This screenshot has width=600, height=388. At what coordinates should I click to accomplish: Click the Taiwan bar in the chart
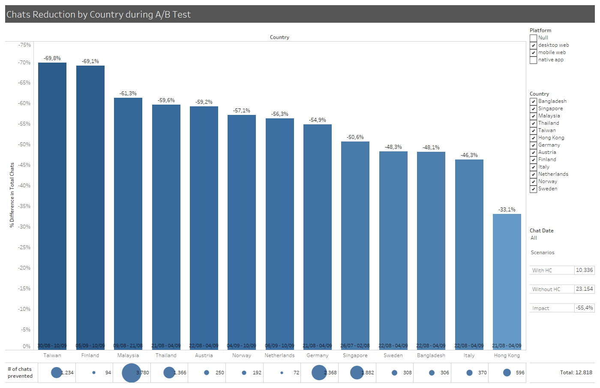[52, 206]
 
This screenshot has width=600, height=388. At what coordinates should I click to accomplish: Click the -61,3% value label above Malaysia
[128, 93]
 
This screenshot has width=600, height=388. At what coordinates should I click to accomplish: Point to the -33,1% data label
[507, 210]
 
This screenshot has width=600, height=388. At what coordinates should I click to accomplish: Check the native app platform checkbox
[534, 60]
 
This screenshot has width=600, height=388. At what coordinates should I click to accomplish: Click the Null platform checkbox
[534, 38]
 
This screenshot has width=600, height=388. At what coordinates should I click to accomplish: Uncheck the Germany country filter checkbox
[534, 145]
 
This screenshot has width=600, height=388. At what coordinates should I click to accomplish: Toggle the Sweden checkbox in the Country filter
[534, 189]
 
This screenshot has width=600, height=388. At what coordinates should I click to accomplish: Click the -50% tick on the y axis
[24, 144]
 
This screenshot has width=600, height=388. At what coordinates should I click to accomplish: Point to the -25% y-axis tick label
[24, 247]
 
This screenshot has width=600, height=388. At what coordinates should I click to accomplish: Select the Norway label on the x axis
[242, 355]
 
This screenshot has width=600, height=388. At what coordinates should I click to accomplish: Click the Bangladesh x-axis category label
[431, 355]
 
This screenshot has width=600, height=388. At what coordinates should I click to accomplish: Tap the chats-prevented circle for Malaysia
[131, 373]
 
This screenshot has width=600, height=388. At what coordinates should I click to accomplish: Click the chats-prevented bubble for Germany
[319, 373]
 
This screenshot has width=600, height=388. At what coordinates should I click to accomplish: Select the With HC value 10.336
[584, 270]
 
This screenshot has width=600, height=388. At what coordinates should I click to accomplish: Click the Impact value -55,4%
[584, 308]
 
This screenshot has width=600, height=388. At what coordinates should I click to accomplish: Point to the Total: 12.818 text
[576, 373]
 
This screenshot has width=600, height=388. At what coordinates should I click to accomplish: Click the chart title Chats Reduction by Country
[99, 15]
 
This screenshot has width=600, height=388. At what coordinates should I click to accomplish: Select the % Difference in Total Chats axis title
[12, 195]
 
